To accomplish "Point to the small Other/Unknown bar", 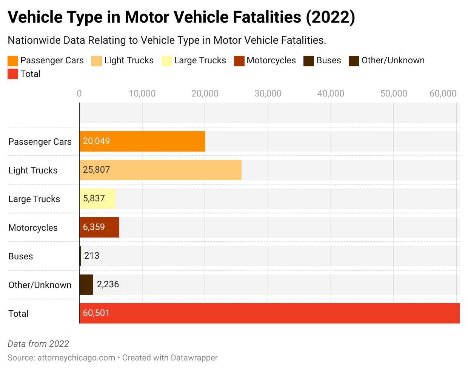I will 86,285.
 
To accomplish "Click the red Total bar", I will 269,313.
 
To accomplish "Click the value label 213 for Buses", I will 92,256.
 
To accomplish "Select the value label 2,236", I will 108,284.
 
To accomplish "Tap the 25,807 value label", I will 96,170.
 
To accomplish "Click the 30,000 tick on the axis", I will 268,94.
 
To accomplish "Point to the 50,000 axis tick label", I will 394,94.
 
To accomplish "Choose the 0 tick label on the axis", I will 79,94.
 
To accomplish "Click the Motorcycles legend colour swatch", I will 239,61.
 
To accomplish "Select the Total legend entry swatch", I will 13,74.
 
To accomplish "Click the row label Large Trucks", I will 34,199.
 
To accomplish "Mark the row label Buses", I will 21,256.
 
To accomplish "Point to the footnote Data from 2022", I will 38,344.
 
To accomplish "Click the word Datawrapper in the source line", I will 194,357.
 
